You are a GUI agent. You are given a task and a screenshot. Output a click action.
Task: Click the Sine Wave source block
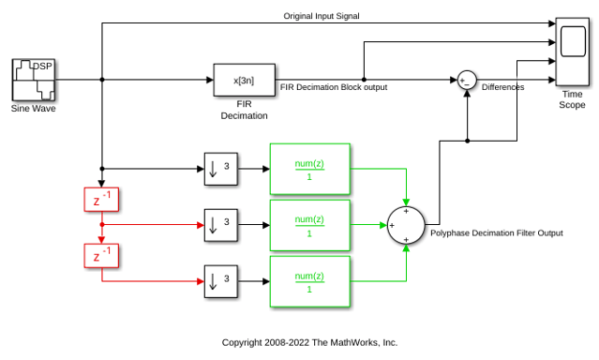[34, 80]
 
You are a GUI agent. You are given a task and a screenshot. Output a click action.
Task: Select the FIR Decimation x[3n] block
[244, 80]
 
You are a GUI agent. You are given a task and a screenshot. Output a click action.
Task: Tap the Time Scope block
[572, 52]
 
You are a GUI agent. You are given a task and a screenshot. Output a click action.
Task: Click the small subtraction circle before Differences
[467, 81]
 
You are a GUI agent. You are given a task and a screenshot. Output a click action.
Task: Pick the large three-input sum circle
[406, 225]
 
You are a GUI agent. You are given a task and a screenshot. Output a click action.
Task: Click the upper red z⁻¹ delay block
[101, 200]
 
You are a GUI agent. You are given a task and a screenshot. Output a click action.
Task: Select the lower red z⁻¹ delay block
[101, 256]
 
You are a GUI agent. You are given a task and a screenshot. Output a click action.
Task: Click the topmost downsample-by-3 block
[221, 169]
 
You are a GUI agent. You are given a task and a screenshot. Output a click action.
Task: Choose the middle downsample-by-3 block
[221, 225]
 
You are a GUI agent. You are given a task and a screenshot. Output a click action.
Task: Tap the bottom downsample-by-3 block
[221, 281]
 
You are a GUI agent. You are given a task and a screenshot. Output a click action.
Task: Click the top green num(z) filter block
[310, 169]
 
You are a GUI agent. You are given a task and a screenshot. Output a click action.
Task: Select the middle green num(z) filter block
[310, 225]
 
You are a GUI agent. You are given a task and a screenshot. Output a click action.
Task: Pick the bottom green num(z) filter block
[310, 281]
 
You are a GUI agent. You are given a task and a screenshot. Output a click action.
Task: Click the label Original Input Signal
[322, 16]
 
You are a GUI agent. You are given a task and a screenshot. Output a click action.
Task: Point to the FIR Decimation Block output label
[334, 87]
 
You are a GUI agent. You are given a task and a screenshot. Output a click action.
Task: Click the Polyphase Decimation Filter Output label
[497, 233]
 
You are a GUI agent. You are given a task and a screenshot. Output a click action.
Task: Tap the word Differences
[502, 87]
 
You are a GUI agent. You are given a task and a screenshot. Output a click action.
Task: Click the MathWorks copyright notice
[310, 342]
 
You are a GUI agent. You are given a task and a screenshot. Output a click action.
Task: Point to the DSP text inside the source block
[42, 67]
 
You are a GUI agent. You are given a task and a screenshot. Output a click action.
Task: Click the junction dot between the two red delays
[102, 225]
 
